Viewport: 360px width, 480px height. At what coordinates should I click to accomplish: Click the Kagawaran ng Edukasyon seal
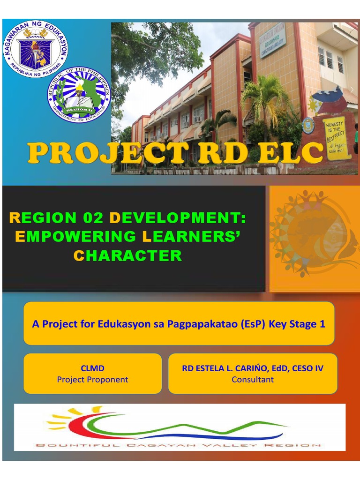tap(36, 48)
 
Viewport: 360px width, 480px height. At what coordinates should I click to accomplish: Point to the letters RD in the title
tap(223, 154)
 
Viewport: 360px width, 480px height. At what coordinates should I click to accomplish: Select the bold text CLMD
tap(92, 368)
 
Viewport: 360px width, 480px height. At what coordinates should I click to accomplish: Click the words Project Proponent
tap(92, 380)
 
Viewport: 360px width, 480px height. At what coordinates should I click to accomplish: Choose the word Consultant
tap(253, 380)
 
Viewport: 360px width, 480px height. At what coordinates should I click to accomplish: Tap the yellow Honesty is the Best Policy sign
tap(337, 138)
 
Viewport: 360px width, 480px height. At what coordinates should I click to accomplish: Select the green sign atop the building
tap(272, 40)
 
